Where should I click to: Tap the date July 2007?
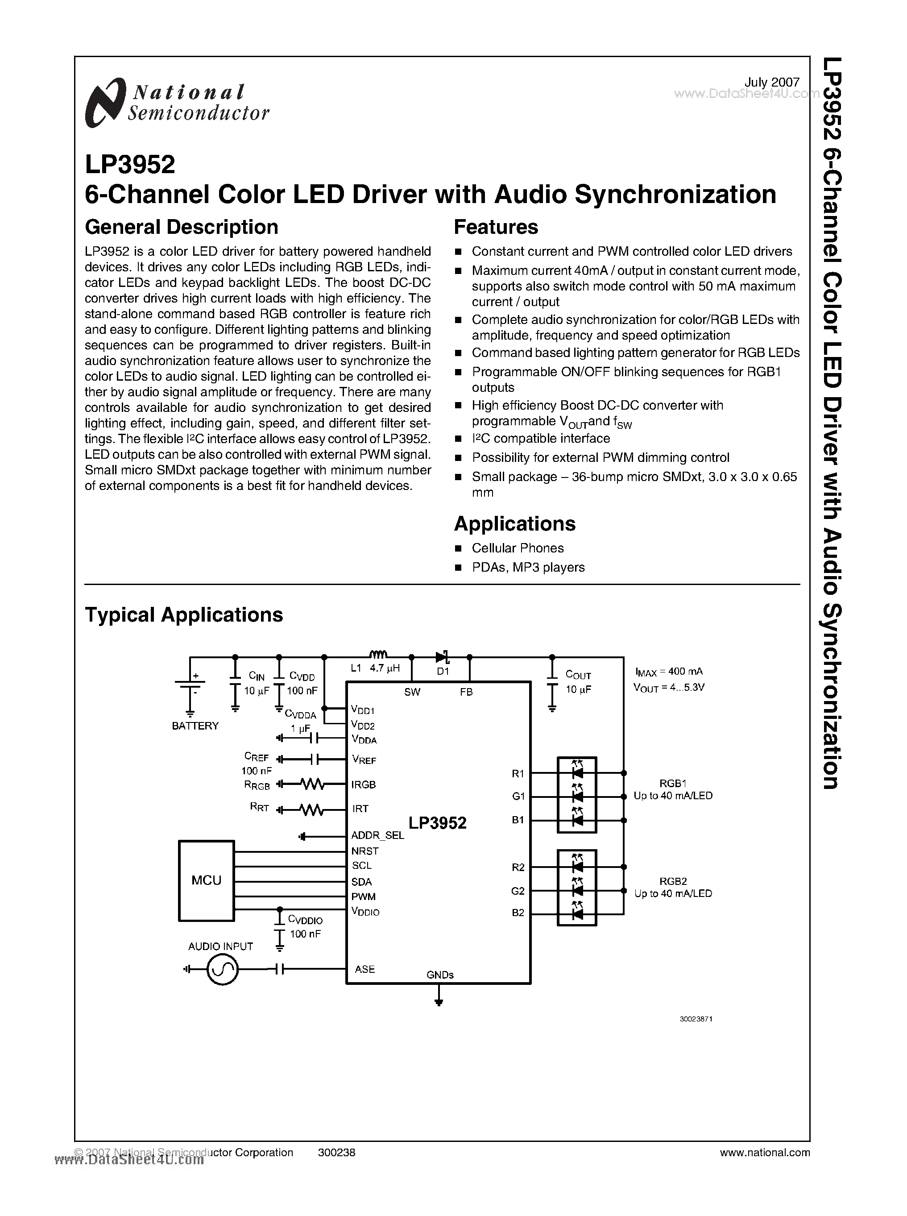[x=771, y=83]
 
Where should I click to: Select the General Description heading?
[x=181, y=227]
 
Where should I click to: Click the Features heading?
[x=496, y=227]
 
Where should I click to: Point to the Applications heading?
[x=514, y=523]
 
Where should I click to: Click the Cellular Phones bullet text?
[x=518, y=548]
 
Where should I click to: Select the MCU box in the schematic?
[x=207, y=880]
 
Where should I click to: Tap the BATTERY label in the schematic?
[x=195, y=726]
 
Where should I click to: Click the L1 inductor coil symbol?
[x=378, y=654]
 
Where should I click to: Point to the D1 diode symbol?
[x=443, y=657]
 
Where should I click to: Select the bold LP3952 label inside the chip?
[x=437, y=823]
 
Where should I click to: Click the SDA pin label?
[x=362, y=882]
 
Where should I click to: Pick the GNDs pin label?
[x=440, y=975]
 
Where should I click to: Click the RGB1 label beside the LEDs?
[x=673, y=783]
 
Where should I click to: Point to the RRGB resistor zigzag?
[x=313, y=784]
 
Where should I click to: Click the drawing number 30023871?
[x=696, y=1019]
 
